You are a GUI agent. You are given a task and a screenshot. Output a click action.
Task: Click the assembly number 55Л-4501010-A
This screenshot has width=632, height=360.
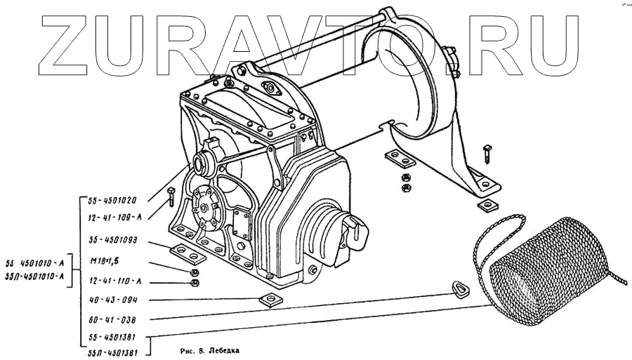coord(36,275)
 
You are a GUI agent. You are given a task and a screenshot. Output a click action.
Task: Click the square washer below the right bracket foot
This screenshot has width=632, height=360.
coord(485,205)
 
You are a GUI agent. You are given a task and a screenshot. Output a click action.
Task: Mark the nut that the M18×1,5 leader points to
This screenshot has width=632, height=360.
coord(195,272)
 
